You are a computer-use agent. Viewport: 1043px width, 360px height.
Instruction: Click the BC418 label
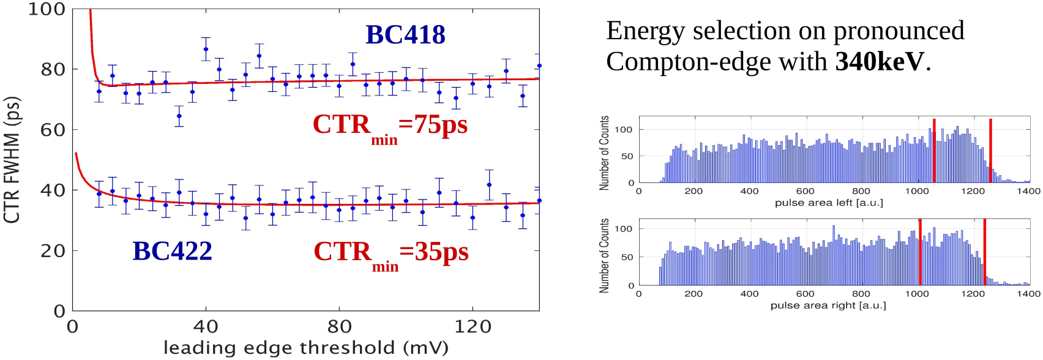405,35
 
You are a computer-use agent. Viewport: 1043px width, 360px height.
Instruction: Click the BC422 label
172,251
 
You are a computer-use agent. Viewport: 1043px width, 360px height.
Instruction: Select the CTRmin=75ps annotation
390,127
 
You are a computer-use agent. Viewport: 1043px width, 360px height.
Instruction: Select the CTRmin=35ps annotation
391,253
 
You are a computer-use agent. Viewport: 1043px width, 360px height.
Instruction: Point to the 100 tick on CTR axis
47,9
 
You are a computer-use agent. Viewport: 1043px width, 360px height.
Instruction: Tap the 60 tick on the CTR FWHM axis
53,130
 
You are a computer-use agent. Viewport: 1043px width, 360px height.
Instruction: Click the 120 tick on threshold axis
473,327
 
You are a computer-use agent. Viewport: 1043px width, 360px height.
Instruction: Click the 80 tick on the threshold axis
339,327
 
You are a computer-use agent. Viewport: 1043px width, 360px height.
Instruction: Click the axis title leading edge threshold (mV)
305,348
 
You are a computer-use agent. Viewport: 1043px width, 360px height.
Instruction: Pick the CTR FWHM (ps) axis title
12,160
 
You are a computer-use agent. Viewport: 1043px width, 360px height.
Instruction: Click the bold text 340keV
880,61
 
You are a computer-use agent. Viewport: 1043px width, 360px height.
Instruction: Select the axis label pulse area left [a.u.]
829,203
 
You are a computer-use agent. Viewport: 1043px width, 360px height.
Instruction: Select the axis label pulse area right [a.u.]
828,305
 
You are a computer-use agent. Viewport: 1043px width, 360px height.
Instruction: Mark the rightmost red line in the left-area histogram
990,151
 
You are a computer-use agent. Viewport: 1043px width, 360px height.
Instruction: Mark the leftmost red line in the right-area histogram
920,252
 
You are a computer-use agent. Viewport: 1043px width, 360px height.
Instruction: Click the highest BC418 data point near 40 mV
206,49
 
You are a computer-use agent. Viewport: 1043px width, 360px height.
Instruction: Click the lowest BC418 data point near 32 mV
179,116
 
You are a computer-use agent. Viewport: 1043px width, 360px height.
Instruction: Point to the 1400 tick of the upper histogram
1028,191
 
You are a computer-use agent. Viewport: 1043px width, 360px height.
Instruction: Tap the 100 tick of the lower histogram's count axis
624,229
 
